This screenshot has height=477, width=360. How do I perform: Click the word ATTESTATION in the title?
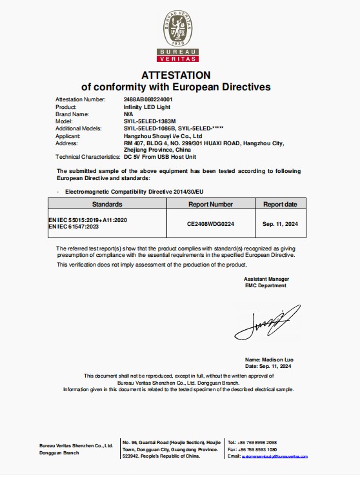[x=175, y=75]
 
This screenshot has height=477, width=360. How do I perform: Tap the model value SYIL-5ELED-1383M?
[x=148, y=121]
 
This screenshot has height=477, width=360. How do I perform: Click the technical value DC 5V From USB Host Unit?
[x=159, y=157]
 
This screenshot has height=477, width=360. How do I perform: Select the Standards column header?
[x=107, y=204]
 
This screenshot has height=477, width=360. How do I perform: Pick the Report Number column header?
[x=210, y=204]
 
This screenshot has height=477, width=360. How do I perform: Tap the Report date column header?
[x=280, y=204]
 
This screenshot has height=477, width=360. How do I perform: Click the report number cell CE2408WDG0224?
[x=210, y=223]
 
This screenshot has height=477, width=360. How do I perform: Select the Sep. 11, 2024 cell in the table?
[x=280, y=223]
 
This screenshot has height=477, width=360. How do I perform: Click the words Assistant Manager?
[x=266, y=278]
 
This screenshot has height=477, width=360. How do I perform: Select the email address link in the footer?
[x=274, y=456]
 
